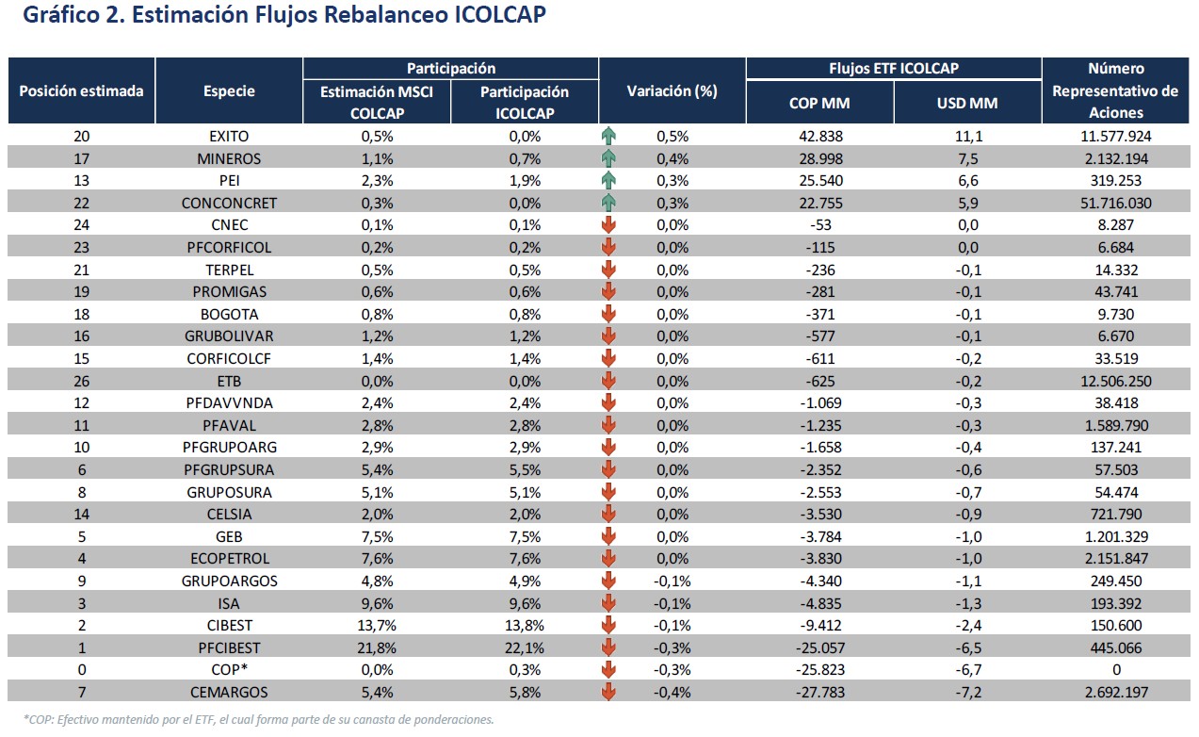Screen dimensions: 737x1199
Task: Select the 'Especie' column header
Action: point(229,91)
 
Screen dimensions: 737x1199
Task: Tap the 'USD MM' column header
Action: point(967,103)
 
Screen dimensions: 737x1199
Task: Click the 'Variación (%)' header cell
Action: point(672,91)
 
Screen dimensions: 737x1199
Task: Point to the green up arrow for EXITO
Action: point(608,136)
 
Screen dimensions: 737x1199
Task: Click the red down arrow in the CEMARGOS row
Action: point(608,693)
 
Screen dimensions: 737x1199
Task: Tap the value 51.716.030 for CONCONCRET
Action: point(1115,203)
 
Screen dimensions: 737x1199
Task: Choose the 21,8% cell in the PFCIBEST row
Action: point(377,647)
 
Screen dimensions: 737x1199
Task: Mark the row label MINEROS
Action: point(229,158)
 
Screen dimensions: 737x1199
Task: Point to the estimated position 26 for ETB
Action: point(81,381)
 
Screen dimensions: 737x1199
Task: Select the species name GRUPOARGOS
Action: point(229,581)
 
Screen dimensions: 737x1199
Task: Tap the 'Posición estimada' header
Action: point(81,91)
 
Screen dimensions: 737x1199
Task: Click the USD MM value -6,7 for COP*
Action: point(967,670)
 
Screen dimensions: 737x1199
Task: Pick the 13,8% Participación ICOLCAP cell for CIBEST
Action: point(525,626)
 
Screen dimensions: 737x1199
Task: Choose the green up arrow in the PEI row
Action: point(608,180)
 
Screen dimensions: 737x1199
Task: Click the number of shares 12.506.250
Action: point(1115,381)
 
